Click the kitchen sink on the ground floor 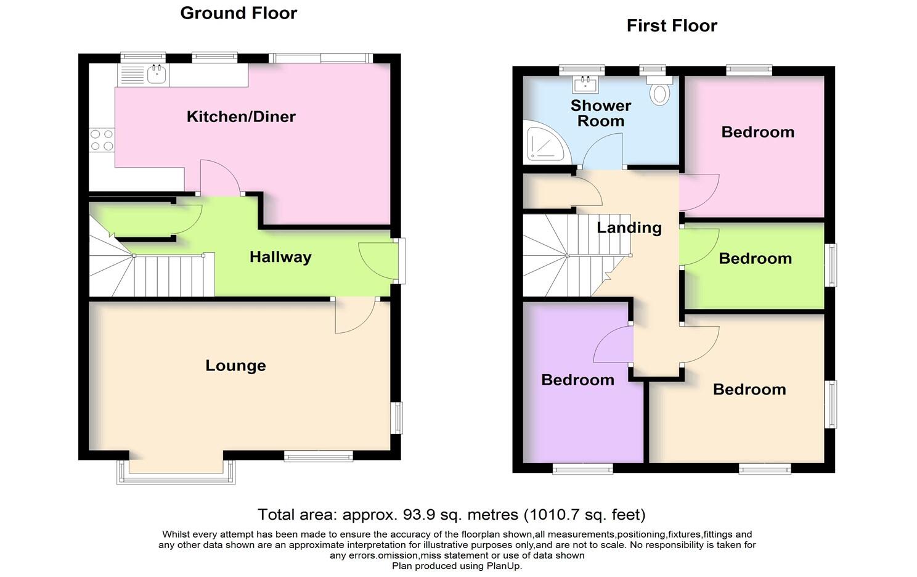157,75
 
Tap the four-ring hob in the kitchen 102,140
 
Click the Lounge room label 235,366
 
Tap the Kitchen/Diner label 241,117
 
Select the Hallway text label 280,257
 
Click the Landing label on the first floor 629,227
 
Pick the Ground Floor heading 238,13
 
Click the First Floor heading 672,26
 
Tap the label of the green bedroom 755,258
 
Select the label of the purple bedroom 577,380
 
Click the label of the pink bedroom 757,132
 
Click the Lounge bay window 176,477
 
